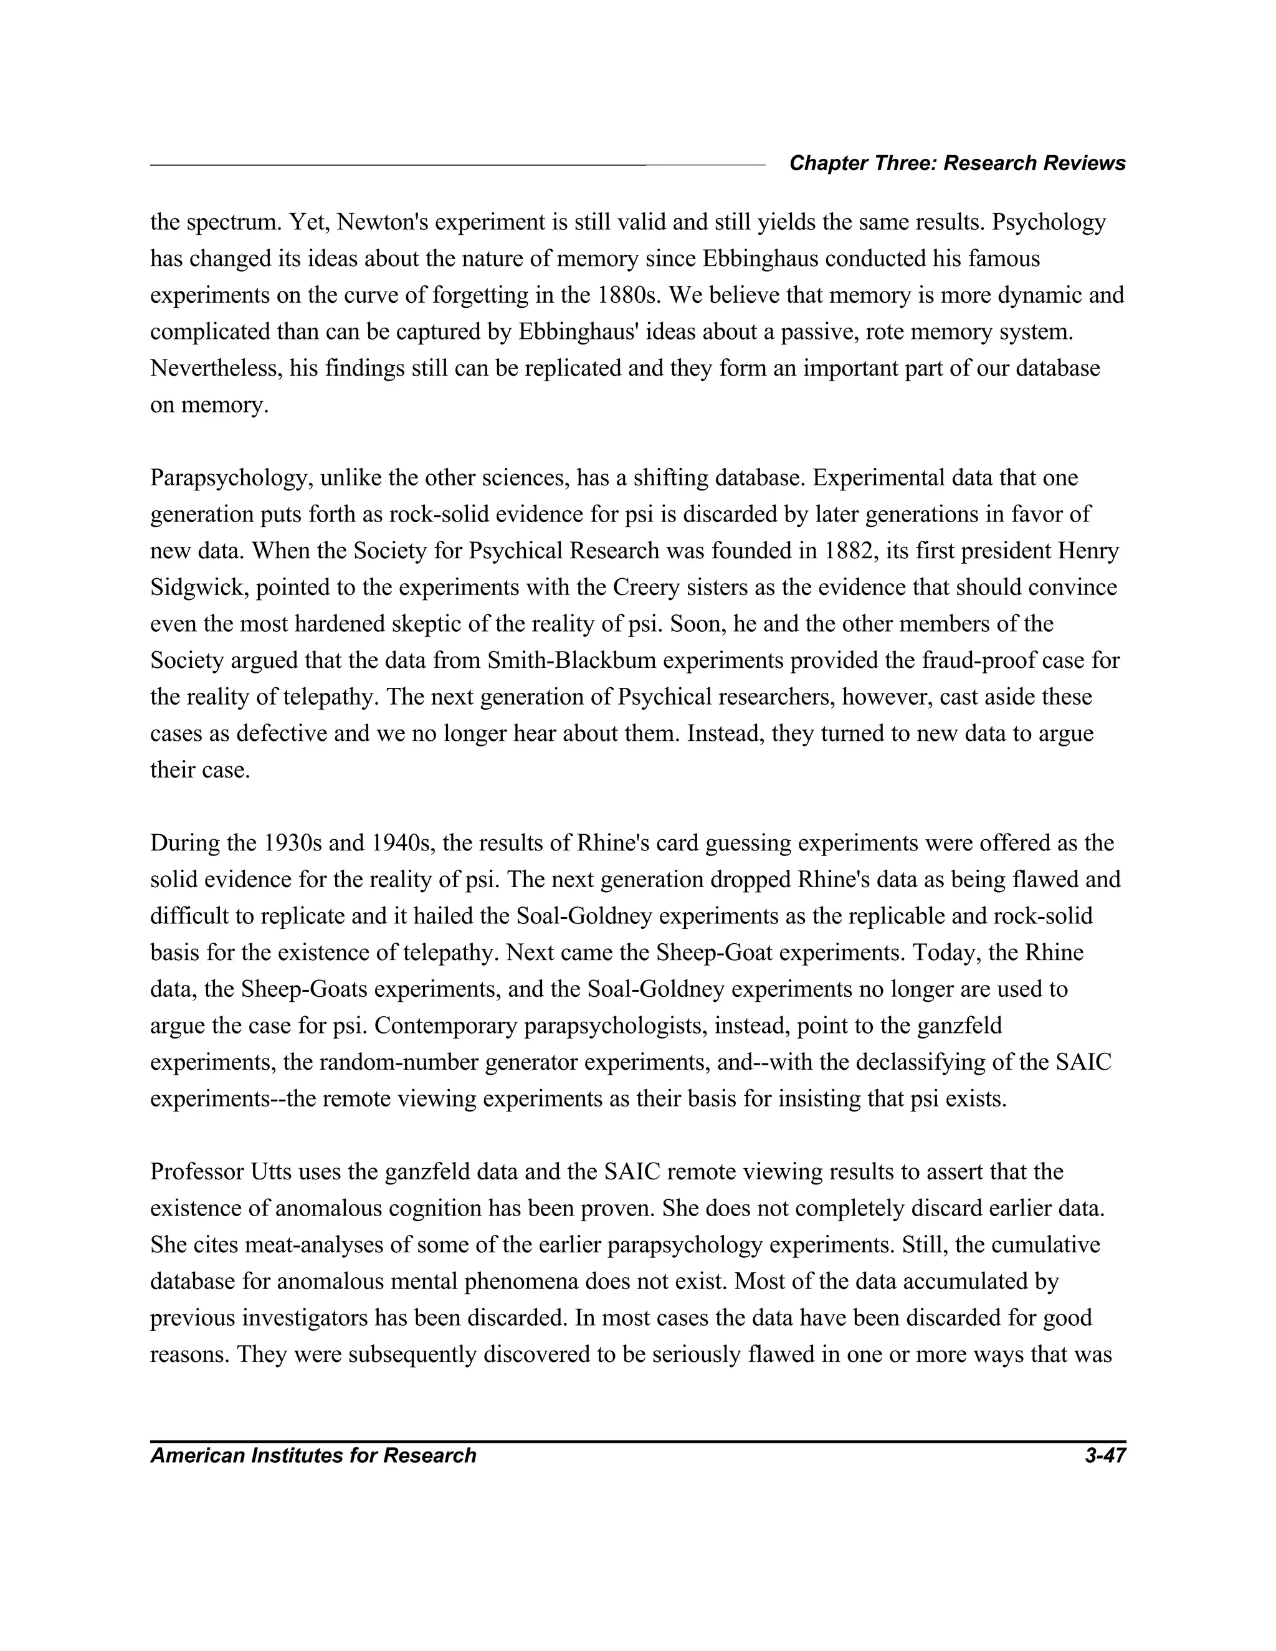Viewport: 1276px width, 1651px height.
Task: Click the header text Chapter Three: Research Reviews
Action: [957, 163]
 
